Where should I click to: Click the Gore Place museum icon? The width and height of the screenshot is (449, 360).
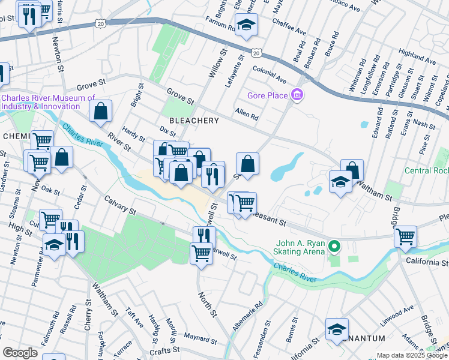[297, 95]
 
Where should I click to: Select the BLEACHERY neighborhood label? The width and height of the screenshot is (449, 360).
[194, 121]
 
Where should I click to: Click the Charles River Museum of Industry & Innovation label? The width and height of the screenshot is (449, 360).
[48, 102]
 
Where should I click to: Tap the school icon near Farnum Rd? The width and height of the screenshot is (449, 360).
[246, 25]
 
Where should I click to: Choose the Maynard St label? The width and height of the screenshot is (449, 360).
[200, 339]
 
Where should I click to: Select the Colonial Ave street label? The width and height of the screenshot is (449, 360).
[270, 77]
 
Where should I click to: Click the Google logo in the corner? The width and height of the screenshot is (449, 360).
[20, 353]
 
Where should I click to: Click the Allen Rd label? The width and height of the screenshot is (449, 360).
[246, 113]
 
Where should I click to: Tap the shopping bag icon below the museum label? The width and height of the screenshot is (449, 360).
[100, 110]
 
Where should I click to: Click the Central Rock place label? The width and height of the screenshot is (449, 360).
[426, 170]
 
